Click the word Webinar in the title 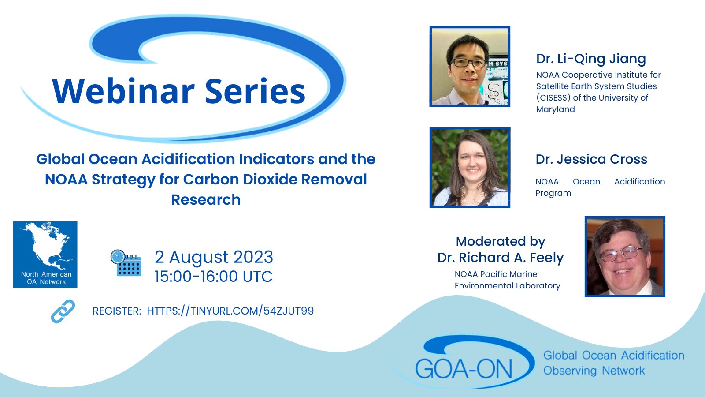pyautogui.click(x=123, y=91)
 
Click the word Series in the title pyautogui.click(x=255, y=91)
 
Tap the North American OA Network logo pyautogui.click(x=45, y=255)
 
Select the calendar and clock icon pyautogui.click(x=126, y=263)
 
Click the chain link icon pyautogui.click(x=63, y=311)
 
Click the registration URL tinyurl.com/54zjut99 pyautogui.click(x=230, y=311)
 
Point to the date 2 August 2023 pyautogui.click(x=214, y=257)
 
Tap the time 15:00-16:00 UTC pyautogui.click(x=213, y=276)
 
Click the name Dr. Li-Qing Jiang pyautogui.click(x=591, y=59)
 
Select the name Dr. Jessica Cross pyautogui.click(x=591, y=159)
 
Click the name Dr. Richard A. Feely pyautogui.click(x=501, y=258)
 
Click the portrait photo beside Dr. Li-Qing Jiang pyautogui.click(x=470, y=67)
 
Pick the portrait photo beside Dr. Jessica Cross pyautogui.click(x=470, y=167)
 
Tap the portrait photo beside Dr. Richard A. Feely pyautogui.click(x=625, y=256)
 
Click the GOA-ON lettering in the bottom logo pyautogui.click(x=464, y=369)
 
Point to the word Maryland pyautogui.click(x=556, y=109)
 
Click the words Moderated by pyautogui.click(x=501, y=241)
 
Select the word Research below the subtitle pyautogui.click(x=206, y=199)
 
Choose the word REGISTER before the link pyautogui.click(x=117, y=311)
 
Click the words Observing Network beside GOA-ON pyautogui.click(x=594, y=371)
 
